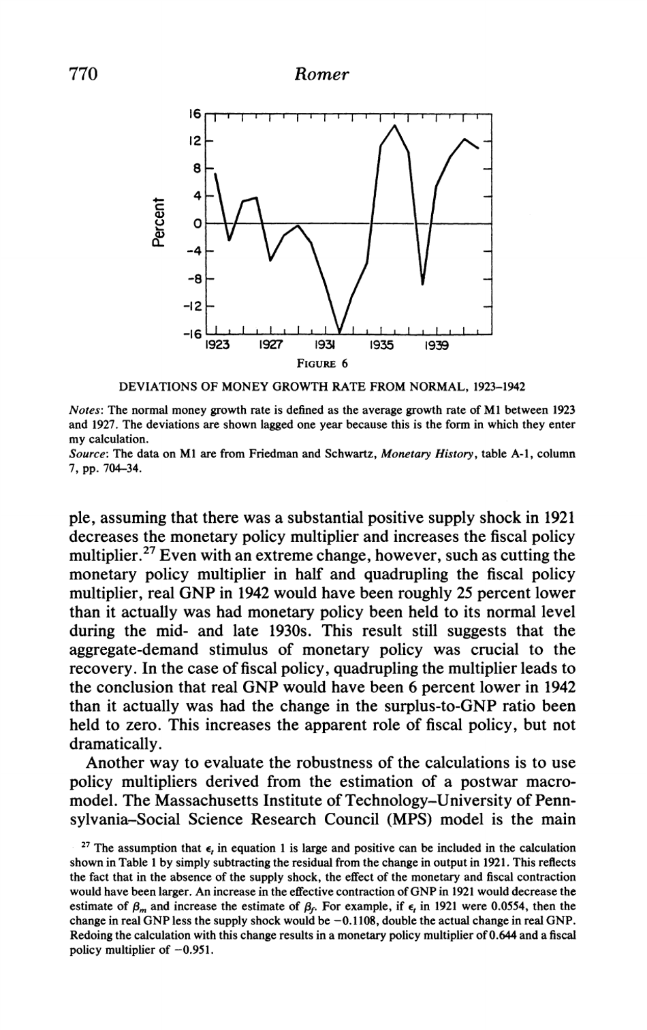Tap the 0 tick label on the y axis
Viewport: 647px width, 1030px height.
tap(197, 223)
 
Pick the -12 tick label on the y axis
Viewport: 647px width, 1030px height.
tap(193, 306)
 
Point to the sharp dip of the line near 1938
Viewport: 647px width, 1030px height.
tap(423, 284)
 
